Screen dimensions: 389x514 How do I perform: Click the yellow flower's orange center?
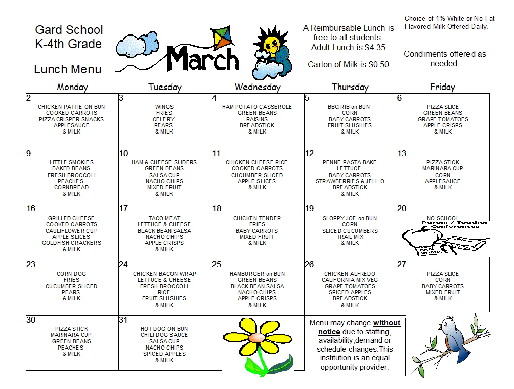tap(256, 336)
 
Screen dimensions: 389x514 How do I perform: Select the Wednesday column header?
tap(257, 87)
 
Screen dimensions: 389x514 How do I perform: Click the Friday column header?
tap(442, 87)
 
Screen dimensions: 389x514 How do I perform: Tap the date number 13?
tap(402, 154)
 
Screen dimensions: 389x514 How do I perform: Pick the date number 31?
tap(123, 320)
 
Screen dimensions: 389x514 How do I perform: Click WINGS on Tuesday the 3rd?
tap(164, 107)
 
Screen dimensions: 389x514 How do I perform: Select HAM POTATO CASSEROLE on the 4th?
tap(257, 107)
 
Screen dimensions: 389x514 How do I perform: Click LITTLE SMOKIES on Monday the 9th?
tap(72, 163)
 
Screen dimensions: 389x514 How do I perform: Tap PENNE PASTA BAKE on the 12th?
tap(350, 163)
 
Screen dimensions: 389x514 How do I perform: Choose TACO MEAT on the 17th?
tap(164, 219)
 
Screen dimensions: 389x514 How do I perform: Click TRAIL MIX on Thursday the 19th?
tap(350, 237)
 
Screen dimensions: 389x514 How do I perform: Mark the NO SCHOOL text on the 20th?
tap(443, 219)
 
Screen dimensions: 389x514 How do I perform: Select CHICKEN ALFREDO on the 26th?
tap(350, 274)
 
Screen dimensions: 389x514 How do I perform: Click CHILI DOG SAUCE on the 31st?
tap(164, 335)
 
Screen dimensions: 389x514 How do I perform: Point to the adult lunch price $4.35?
tap(375, 48)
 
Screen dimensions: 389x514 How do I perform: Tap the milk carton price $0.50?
tap(379, 65)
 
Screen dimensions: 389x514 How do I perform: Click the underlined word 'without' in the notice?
tap(387, 323)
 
